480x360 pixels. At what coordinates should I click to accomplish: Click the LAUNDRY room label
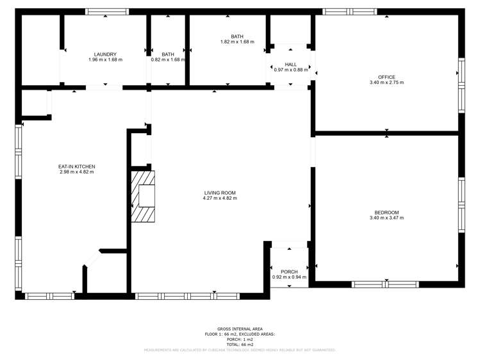[x=105, y=54]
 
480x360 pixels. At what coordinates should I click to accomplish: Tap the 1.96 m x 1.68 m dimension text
[x=105, y=60]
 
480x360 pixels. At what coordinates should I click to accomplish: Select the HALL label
[x=291, y=64]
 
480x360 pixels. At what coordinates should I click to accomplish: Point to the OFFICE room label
[x=386, y=77]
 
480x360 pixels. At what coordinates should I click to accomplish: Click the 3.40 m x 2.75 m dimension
[x=386, y=83]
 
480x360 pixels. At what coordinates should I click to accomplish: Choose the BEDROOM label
[x=386, y=213]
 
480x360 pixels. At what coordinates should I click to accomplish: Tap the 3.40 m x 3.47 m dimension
[x=386, y=218]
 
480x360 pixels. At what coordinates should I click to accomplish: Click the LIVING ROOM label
[x=220, y=193]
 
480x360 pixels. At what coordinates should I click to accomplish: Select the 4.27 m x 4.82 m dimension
[x=220, y=199]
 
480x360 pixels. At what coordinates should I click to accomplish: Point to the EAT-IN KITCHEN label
[x=77, y=167]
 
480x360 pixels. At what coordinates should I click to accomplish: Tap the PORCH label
[x=289, y=272]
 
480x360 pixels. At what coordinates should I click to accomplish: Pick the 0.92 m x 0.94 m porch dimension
[x=289, y=277]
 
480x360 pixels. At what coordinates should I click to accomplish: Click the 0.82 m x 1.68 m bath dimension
[x=168, y=60]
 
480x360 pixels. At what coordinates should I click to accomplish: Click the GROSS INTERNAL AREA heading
[x=240, y=329]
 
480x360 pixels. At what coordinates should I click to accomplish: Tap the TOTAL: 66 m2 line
[x=240, y=345]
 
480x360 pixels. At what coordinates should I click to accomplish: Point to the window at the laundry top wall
[x=107, y=12]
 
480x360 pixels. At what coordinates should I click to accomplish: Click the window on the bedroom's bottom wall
[x=386, y=284]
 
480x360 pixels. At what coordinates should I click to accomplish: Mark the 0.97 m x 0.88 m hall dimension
[x=291, y=70]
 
